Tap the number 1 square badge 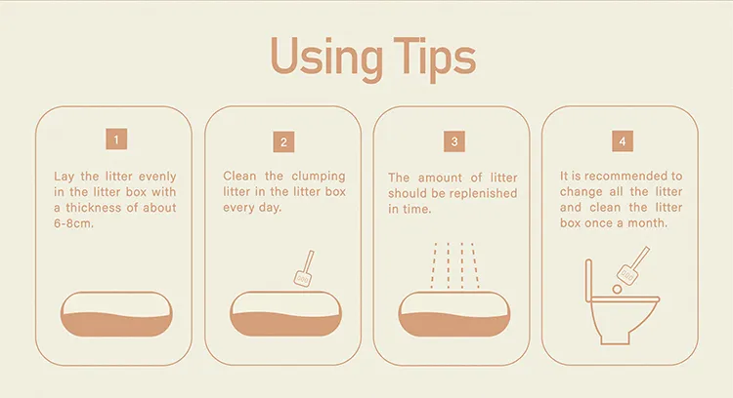tap(116, 139)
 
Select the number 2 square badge tap(283, 141)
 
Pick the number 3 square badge tap(454, 141)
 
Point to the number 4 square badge tap(623, 140)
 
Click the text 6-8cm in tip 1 tap(74, 223)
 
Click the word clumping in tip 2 tap(319, 177)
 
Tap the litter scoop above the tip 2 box tap(304, 268)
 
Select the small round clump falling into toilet tap(617, 290)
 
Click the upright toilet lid tap(589, 280)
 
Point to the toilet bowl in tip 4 tap(622, 321)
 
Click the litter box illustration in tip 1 tap(116, 314)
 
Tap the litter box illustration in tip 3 tap(454, 314)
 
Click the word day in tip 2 tap(270, 208)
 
